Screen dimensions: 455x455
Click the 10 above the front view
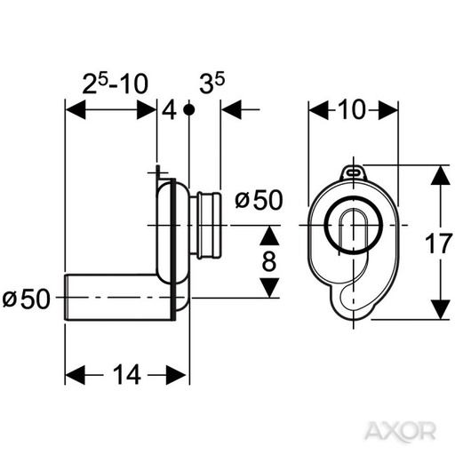pos(352,110)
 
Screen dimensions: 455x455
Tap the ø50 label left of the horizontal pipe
pos(28,299)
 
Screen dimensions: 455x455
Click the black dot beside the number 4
pos(188,110)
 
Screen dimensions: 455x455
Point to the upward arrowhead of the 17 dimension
pos(436,173)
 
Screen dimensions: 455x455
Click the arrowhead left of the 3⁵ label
pos(229,110)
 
